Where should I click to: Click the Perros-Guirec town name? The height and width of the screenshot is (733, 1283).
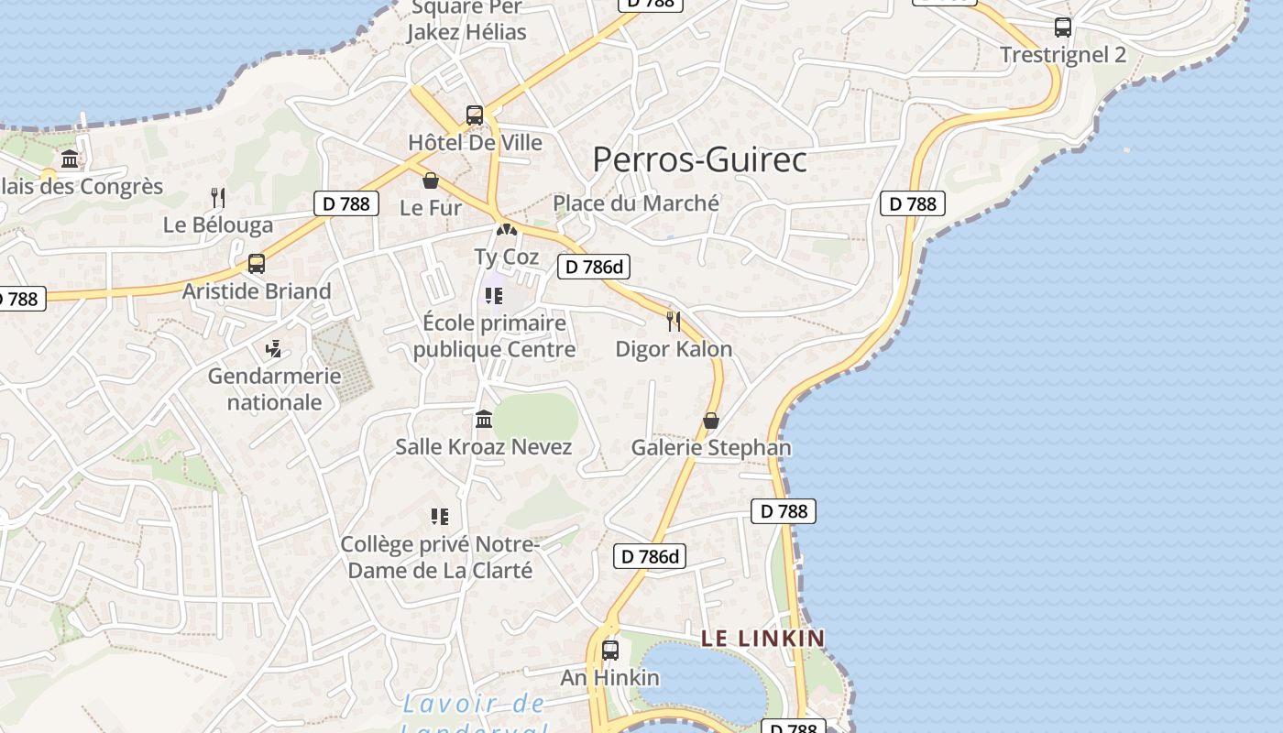[x=699, y=159]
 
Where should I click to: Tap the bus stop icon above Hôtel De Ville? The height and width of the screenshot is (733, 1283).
[x=474, y=115]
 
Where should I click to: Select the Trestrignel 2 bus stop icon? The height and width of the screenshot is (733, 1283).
[x=1062, y=27]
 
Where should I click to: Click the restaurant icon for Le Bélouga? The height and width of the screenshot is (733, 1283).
[x=218, y=197]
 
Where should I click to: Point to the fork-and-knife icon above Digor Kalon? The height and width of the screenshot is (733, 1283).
[x=674, y=321]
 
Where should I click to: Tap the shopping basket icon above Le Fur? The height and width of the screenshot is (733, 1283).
[x=431, y=181]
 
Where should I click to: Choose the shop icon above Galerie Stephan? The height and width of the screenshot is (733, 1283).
[x=710, y=421]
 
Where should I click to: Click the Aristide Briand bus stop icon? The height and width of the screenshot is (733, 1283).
[x=257, y=264]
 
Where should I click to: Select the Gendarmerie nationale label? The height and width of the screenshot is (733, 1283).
[x=274, y=388]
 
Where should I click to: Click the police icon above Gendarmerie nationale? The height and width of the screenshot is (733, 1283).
[x=273, y=349]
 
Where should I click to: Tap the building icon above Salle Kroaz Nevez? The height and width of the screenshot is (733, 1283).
[x=484, y=420]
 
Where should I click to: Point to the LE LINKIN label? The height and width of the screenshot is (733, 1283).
[x=762, y=638]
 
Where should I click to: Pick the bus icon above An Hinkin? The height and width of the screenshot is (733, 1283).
[x=610, y=651]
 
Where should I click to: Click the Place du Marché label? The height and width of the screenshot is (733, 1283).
[x=636, y=202]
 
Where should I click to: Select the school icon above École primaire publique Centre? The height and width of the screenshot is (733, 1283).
[x=494, y=296]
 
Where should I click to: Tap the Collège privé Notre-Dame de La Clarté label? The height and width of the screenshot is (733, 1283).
[x=437, y=557]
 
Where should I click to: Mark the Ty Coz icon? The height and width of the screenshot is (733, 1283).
[x=506, y=229]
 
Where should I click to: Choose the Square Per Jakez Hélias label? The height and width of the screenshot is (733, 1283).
[x=467, y=20]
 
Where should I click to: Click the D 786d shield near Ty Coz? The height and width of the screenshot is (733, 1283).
[x=594, y=267]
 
